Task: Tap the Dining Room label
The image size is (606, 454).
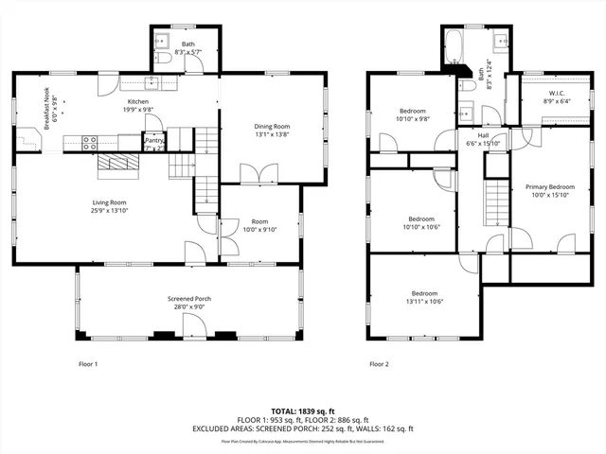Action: point(271,127)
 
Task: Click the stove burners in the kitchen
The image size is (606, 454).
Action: point(91,144)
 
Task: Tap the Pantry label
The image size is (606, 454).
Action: point(153,140)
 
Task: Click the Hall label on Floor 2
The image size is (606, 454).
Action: point(483,135)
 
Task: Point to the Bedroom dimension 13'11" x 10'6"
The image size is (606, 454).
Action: point(426,302)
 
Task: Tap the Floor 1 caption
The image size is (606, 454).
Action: point(88,363)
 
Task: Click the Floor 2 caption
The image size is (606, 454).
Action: point(379,363)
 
